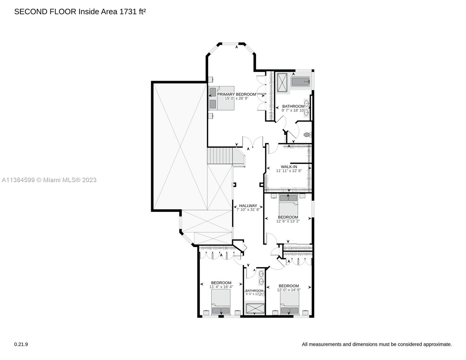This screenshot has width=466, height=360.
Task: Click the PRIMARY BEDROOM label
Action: (x=236, y=94)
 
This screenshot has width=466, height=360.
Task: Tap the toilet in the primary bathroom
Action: (x=307, y=135)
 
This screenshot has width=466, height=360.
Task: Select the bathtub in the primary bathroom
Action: (x=300, y=82)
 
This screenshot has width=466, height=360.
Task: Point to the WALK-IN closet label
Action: (x=289, y=166)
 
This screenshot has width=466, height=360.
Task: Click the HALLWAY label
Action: (x=248, y=205)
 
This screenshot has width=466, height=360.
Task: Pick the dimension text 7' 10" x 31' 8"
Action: (x=248, y=210)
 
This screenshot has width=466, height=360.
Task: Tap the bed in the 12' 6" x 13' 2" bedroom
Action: (x=288, y=204)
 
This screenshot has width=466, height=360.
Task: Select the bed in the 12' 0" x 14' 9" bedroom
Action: (x=290, y=303)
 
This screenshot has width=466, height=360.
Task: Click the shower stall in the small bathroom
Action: (x=255, y=308)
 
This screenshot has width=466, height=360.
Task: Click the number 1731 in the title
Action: (x=128, y=12)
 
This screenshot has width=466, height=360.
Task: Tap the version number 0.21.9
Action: (x=21, y=344)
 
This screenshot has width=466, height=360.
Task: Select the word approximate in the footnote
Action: (x=438, y=344)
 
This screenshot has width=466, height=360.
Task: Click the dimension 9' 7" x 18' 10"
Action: (x=293, y=110)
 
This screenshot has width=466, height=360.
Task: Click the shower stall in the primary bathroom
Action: (x=282, y=83)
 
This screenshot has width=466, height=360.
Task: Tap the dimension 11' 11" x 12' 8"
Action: (x=289, y=171)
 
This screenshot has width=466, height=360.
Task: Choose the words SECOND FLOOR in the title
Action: (x=45, y=12)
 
